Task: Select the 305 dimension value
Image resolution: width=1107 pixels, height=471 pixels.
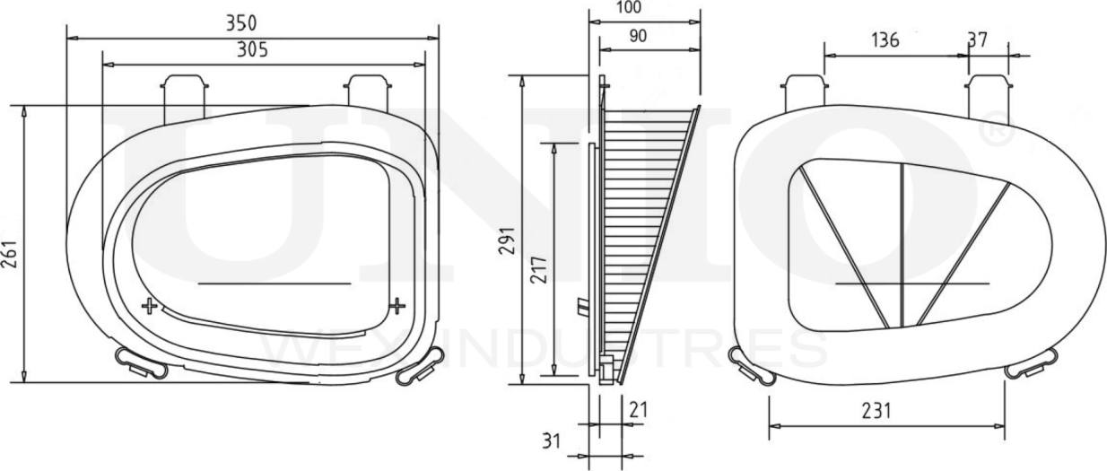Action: pyautogui.click(x=252, y=50)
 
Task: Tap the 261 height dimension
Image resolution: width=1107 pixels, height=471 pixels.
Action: pyautogui.click(x=10, y=243)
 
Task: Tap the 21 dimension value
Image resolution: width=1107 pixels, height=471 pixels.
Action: pyautogui.click(x=638, y=410)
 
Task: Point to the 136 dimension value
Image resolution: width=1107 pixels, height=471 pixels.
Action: pyautogui.click(x=884, y=40)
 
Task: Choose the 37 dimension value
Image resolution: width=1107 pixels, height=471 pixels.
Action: pyautogui.click(x=978, y=40)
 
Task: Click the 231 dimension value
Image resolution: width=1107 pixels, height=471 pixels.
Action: pyautogui.click(x=876, y=410)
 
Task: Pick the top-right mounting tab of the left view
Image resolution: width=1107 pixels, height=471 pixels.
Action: pyautogui.click(x=368, y=93)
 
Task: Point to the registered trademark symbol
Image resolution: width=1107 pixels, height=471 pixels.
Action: pyautogui.click(x=998, y=132)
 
